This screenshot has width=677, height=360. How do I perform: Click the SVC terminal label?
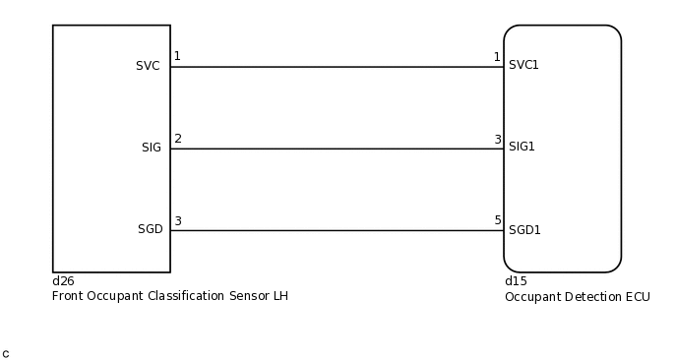point(148,66)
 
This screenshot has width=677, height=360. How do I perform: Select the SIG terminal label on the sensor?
point(151,148)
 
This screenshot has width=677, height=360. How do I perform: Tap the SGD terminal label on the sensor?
point(150,229)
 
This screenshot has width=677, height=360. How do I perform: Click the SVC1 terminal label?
point(523,65)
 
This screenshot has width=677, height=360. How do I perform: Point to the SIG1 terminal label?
point(522,147)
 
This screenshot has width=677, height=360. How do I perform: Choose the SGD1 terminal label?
point(524,230)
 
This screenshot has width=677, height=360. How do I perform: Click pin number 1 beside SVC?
point(177,56)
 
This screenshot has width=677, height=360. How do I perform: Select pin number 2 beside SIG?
point(177,139)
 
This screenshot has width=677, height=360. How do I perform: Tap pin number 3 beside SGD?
point(177,221)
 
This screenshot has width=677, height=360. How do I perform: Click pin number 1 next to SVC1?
point(497,57)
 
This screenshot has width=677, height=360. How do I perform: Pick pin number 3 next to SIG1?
point(497,140)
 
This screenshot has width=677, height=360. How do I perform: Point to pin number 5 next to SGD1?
point(497,221)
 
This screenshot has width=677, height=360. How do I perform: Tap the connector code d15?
point(515,281)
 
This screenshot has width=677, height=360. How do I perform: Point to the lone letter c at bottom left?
point(6,353)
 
